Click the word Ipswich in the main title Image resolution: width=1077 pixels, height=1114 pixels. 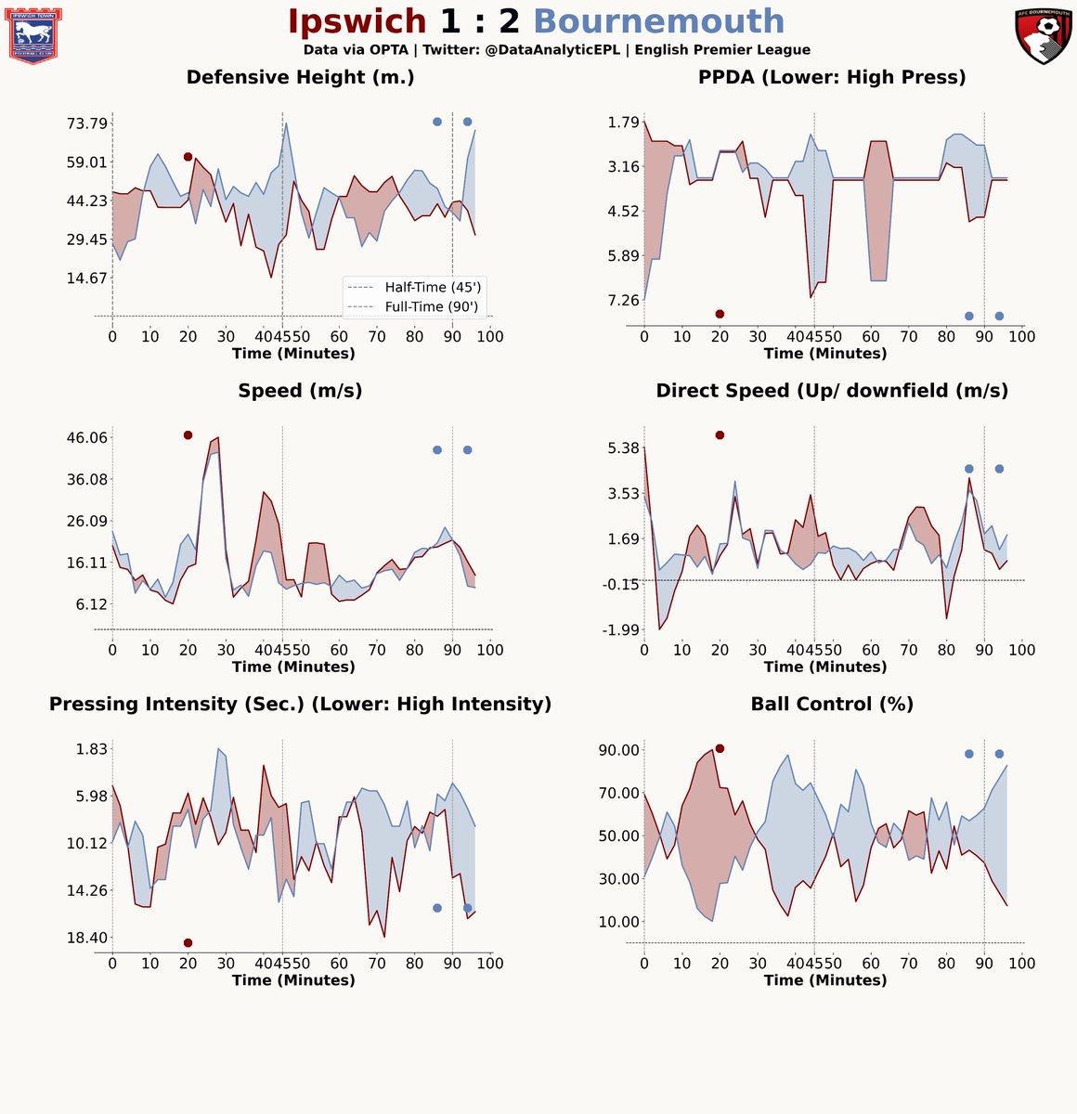[357, 21]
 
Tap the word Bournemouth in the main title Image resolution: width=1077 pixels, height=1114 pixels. [659, 21]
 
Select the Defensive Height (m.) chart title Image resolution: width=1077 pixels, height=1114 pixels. [300, 78]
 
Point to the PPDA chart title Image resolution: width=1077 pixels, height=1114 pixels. [832, 78]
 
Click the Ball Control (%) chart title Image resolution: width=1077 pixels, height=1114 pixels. [832, 705]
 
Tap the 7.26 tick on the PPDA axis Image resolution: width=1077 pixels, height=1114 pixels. [611, 300]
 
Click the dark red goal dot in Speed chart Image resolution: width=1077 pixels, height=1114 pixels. [188, 435]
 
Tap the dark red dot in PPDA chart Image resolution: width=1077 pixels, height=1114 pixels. [720, 314]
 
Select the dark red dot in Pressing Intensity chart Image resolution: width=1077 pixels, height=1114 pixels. [188, 943]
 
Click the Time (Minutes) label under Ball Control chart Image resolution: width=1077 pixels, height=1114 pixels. [824, 980]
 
